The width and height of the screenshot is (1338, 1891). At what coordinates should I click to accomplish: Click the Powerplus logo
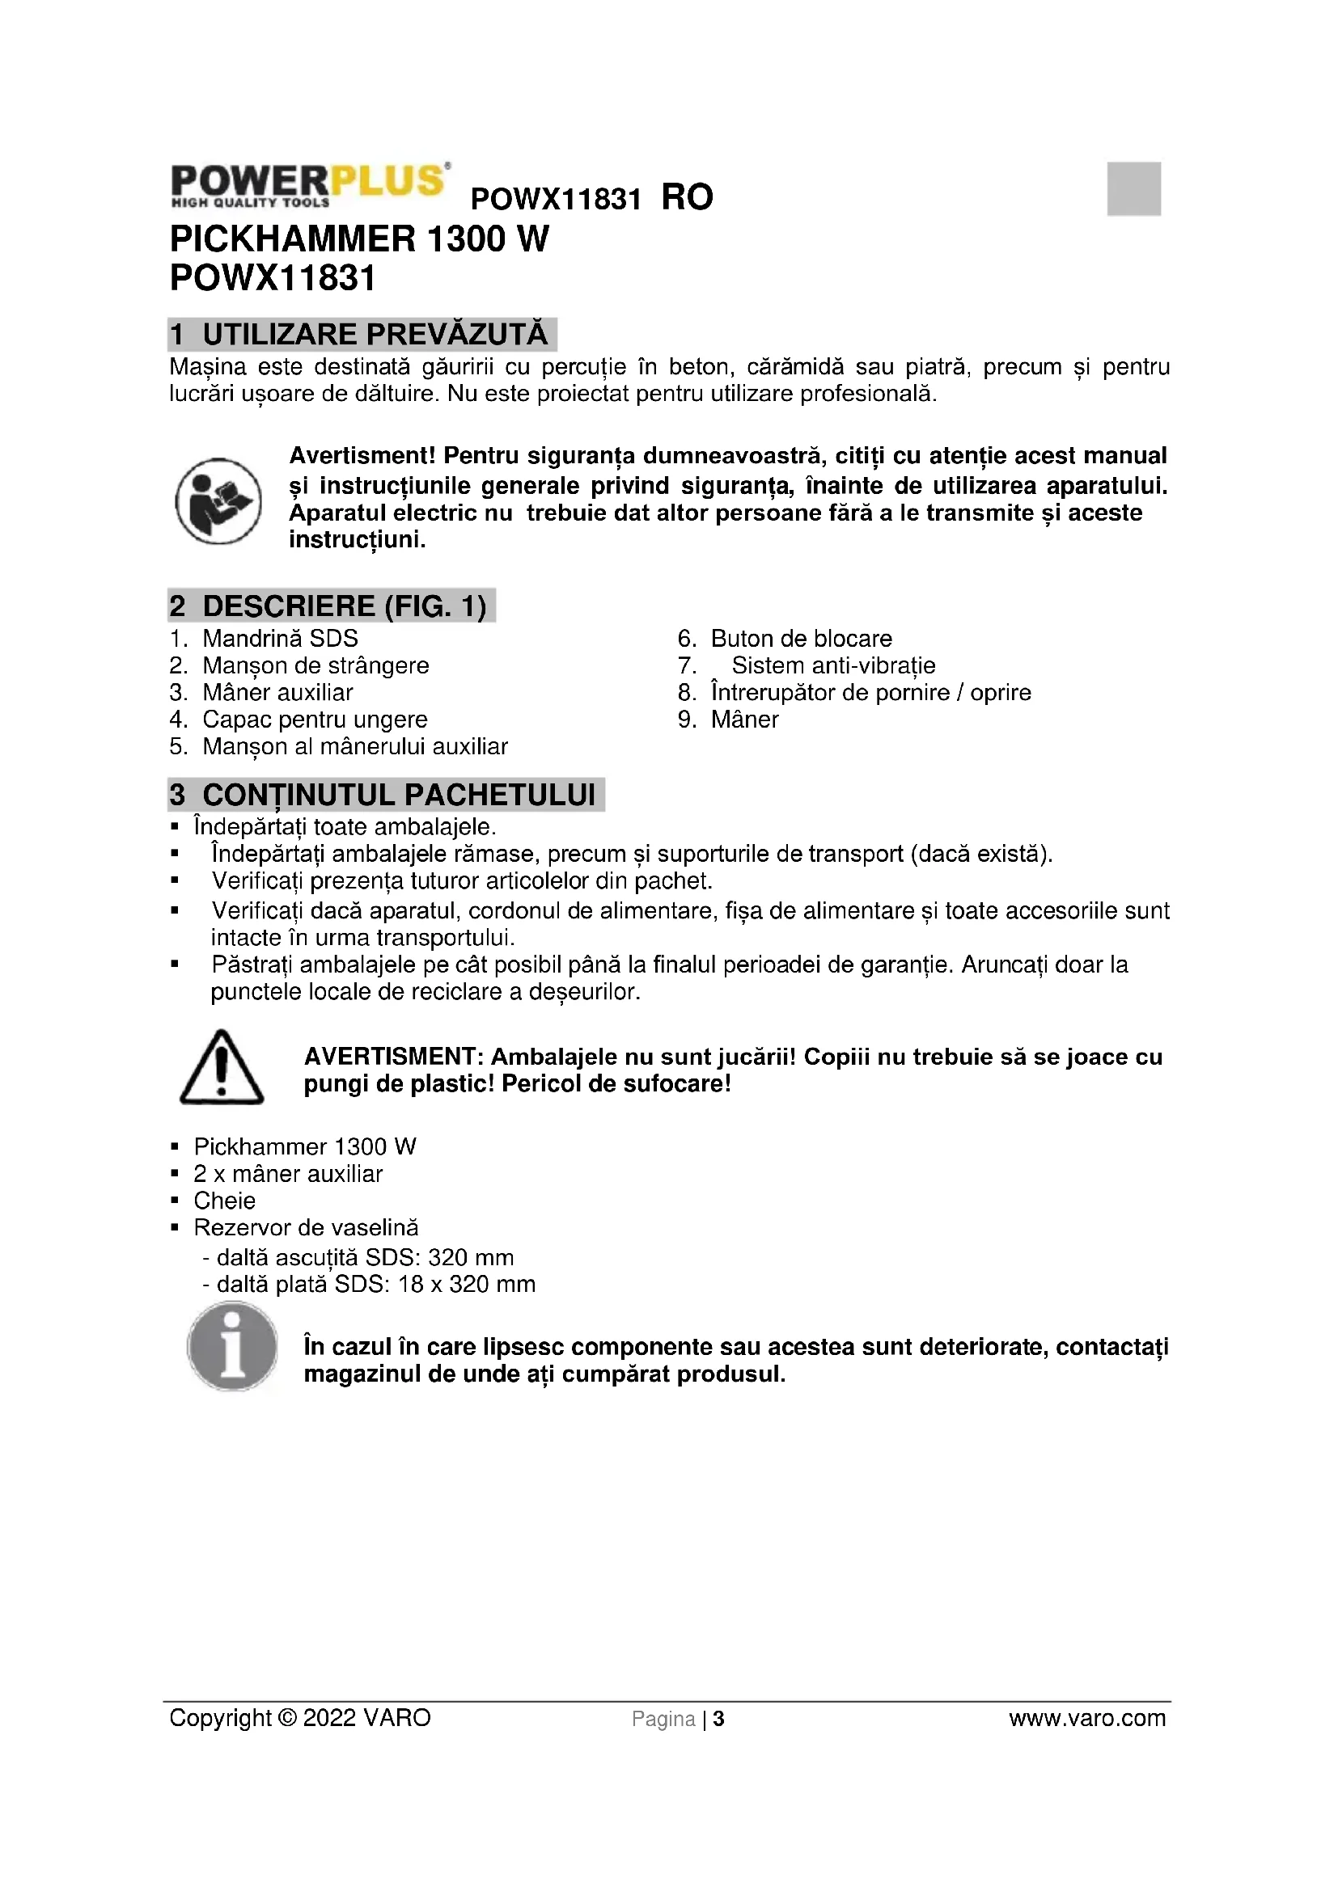[309, 184]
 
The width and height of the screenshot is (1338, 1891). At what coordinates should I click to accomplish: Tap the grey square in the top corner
[1133, 188]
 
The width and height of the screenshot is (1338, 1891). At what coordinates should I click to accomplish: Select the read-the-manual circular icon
[218, 500]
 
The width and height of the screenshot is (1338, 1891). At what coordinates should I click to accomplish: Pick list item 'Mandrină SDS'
[279, 639]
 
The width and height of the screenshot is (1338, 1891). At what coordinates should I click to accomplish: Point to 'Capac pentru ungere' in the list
[315, 719]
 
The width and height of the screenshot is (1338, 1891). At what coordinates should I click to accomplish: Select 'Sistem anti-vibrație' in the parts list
[833, 665]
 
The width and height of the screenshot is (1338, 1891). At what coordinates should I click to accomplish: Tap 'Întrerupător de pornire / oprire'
[870, 693]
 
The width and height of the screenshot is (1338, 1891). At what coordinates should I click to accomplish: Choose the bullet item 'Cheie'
[224, 1200]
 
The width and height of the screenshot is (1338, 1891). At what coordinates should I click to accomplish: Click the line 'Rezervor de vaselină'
[306, 1227]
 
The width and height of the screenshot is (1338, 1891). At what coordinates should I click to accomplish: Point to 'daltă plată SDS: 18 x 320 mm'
[375, 1284]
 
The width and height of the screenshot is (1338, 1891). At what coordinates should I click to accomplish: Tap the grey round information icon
[232, 1346]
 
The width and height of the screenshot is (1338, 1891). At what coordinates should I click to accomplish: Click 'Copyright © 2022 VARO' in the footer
[300, 1718]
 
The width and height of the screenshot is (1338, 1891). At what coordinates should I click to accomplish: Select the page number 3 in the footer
[718, 1719]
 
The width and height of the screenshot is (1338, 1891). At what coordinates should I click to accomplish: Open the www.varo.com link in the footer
[1086, 1718]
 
